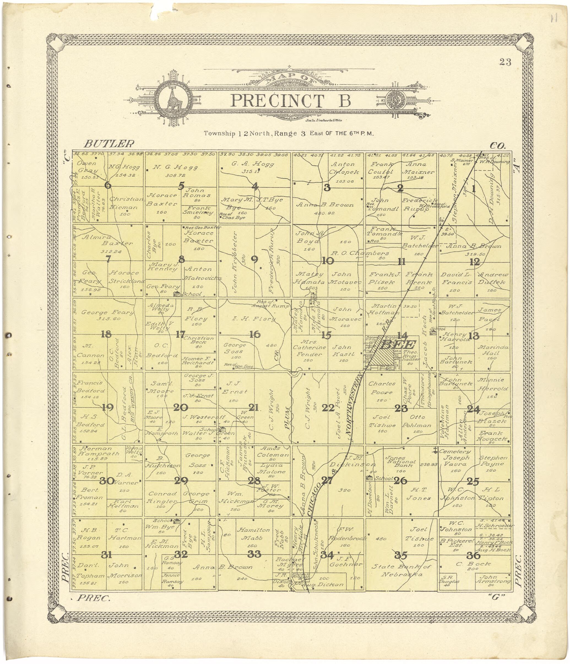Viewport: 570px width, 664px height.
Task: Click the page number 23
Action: pyautogui.click(x=505, y=62)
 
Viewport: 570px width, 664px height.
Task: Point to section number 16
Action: pyautogui.click(x=255, y=334)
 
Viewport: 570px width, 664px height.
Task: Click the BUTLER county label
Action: pyautogui.click(x=109, y=143)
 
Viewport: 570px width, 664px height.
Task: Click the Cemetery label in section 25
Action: pyautogui.click(x=450, y=451)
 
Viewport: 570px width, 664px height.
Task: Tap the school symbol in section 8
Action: pyautogui.click(x=176, y=294)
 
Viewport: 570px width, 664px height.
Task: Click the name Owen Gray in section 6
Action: pyautogui.click(x=87, y=167)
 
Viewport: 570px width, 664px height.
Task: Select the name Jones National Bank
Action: pyautogui.click(x=400, y=462)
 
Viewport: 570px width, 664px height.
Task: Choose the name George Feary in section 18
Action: pyautogui.click(x=107, y=312)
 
